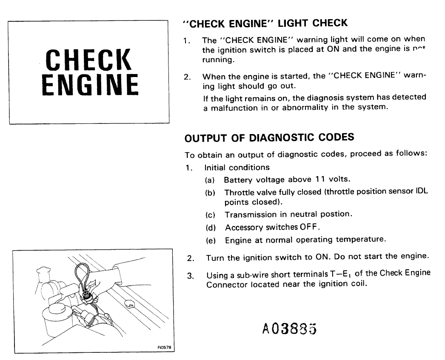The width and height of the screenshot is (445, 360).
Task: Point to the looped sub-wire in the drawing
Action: click(x=81, y=272)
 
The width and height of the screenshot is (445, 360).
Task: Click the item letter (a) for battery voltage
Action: click(x=210, y=180)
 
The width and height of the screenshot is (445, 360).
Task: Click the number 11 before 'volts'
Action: click(x=320, y=180)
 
